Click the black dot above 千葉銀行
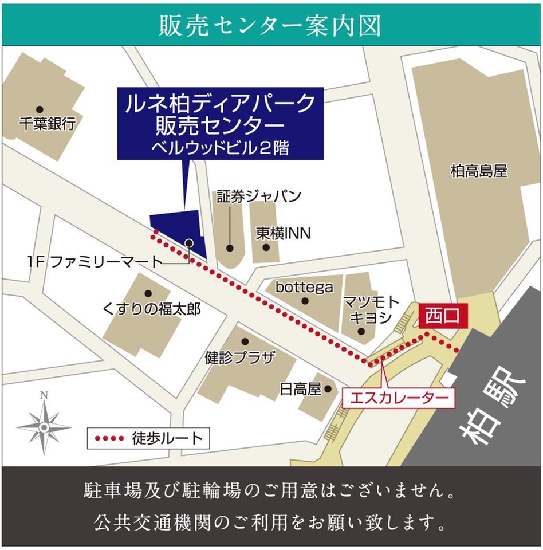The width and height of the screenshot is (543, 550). point(40,109)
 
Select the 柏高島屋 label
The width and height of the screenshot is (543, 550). point(479,171)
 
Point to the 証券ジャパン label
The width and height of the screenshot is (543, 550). point(259,197)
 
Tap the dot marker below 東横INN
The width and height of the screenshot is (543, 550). point(266,247)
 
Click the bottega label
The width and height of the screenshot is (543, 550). point(304,287)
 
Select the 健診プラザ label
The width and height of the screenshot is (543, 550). point(240,358)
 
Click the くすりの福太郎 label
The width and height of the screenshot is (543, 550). point(152,309)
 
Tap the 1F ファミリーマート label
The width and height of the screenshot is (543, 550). point(95,262)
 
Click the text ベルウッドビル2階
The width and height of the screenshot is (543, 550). point(221,148)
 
